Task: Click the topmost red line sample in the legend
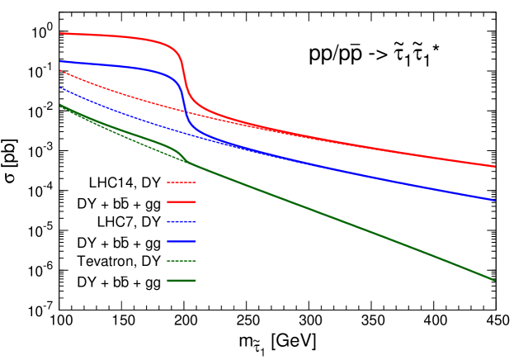tap(181, 182)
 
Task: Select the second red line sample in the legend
tap(181, 201)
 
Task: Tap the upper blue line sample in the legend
tap(181, 221)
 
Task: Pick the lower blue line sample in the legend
tap(181, 241)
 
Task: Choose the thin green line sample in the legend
tap(181, 261)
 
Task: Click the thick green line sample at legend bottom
tap(181, 281)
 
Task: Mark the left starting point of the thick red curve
tap(60, 34)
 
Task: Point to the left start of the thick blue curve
tap(60, 61)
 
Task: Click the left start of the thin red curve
tap(60, 71)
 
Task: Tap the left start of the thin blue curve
tap(60, 88)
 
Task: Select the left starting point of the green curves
tap(60, 105)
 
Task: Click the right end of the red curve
tap(495, 166)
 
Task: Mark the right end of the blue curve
tap(495, 200)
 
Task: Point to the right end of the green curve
tap(495, 281)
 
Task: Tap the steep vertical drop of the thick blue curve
tap(185, 103)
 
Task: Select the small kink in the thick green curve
tap(183, 158)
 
